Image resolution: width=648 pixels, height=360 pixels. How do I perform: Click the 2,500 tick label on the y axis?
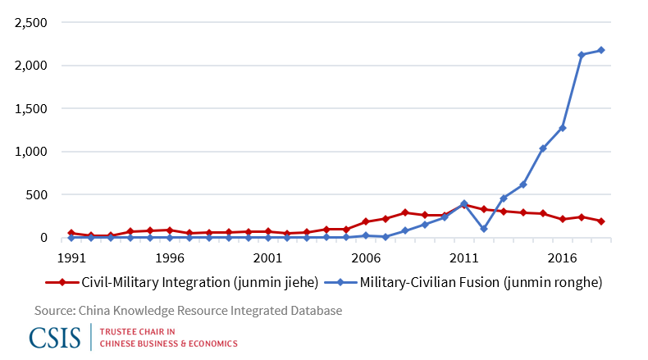pyautogui.click(x=30, y=22)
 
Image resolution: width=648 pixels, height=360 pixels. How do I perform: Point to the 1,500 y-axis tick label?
pyautogui.click(x=30, y=108)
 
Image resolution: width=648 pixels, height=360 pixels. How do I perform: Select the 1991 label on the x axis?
pyautogui.click(x=71, y=257)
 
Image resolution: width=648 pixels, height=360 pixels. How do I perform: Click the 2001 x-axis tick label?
pyautogui.click(x=267, y=257)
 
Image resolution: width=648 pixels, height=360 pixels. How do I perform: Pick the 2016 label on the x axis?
pyautogui.click(x=562, y=257)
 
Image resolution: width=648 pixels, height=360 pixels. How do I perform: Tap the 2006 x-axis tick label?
pyautogui.click(x=366, y=257)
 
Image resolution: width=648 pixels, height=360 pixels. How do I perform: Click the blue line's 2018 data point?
pyautogui.click(x=601, y=50)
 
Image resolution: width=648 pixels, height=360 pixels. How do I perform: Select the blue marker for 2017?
pyautogui.click(x=582, y=55)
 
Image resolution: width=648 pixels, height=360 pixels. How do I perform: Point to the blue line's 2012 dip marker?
pyautogui.click(x=484, y=229)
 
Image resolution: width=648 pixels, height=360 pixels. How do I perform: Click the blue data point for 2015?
pyautogui.click(x=542, y=148)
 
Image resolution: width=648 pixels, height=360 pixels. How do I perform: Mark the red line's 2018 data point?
pyautogui.click(x=601, y=221)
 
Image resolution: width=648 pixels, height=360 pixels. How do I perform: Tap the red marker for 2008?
pyautogui.click(x=405, y=212)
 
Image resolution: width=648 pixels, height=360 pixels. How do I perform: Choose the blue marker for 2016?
pyautogui.click(x=562, y=128)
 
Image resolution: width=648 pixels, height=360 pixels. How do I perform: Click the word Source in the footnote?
pyautogui.click(x=54, y=311)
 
